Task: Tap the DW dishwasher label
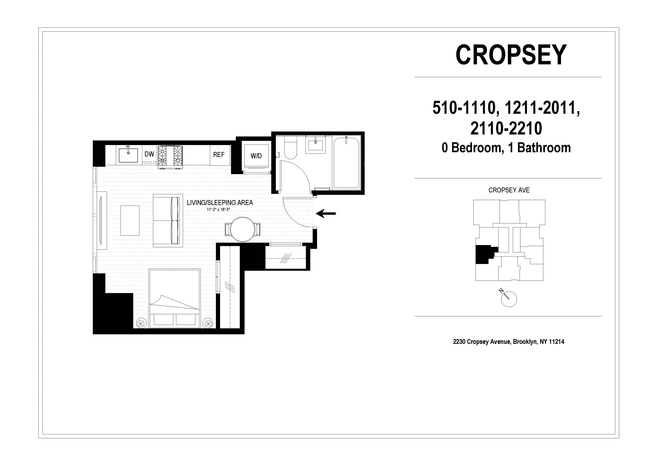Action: point(149,154)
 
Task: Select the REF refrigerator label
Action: point(218,155)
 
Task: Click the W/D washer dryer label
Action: point(256,156)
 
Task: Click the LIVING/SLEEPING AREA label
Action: point(220,203)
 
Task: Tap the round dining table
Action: point(243,229)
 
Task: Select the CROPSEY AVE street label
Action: point(509,190)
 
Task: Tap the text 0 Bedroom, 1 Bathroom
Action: point(506,148)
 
